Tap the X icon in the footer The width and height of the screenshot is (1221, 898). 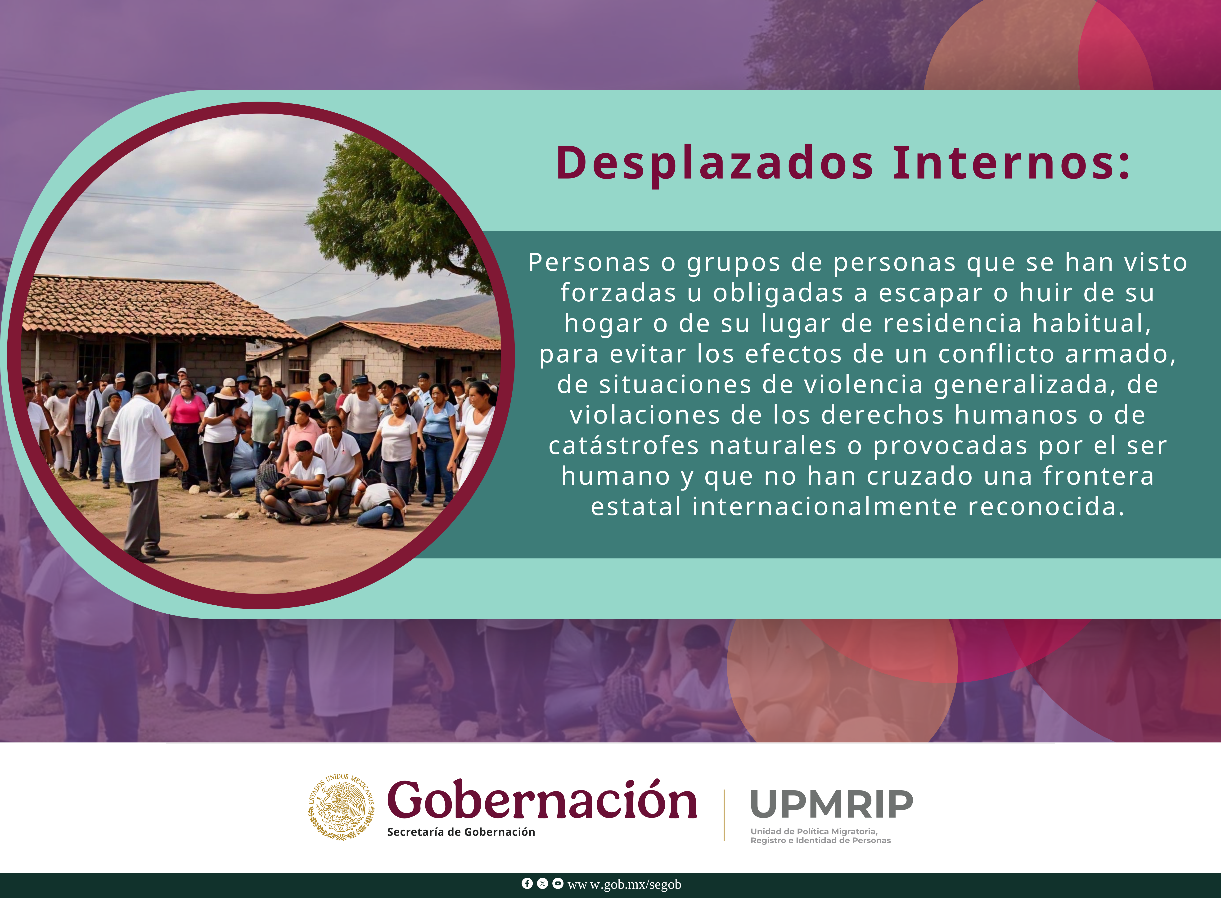(x=542, y=883)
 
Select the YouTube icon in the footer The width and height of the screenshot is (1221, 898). (x=558, y=883)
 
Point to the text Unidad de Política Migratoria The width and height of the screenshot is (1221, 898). (x=814, y=831)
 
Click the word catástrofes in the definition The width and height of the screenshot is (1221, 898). (x=623, y=446)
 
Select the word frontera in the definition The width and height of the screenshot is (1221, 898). (x=1099, y=476)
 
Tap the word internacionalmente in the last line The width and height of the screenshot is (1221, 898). (x=825, y=507)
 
